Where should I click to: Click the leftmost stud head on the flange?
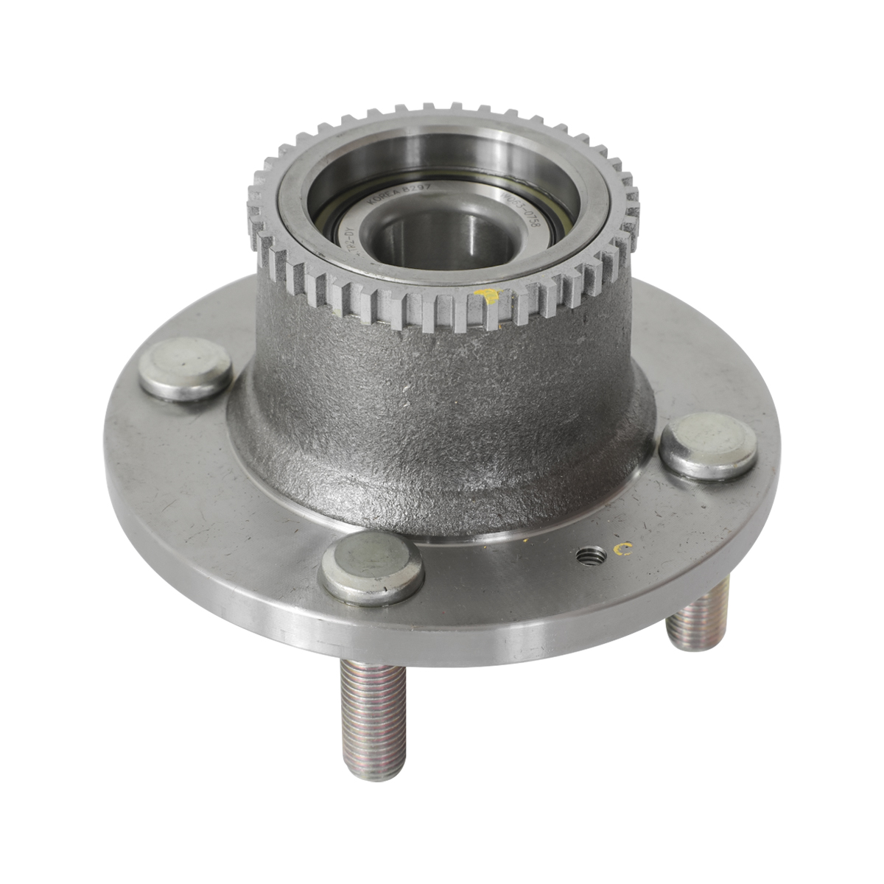[x=184, y=368]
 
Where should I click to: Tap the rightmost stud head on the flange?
[x=707, y=444]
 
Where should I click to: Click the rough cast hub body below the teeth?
[x=442, y=413]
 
